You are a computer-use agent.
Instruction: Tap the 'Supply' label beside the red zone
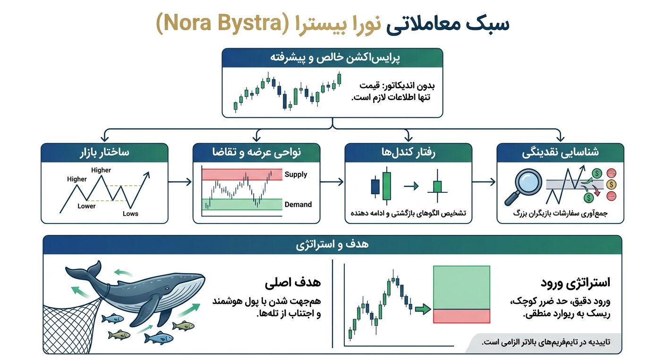pos(296,174)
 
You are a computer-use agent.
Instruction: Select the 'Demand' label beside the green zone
pos(298,205)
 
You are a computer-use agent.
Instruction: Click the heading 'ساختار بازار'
pos(104,153)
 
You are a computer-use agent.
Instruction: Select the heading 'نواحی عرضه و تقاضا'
pos(256,153)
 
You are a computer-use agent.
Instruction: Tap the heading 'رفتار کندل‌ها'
pos(409,153)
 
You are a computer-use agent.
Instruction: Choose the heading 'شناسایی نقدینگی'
pos(560,153)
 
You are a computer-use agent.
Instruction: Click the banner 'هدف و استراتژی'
pos(332,245)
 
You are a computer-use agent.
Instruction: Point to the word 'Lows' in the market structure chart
pos(130,214)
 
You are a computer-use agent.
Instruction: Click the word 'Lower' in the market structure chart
pos(86,206)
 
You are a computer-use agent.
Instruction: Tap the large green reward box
pos(461,287)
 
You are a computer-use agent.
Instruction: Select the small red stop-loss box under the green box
pos(461,316)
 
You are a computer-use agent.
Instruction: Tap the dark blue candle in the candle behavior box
pos(375,187)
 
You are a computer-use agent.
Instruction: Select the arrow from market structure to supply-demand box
pos(180,181)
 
